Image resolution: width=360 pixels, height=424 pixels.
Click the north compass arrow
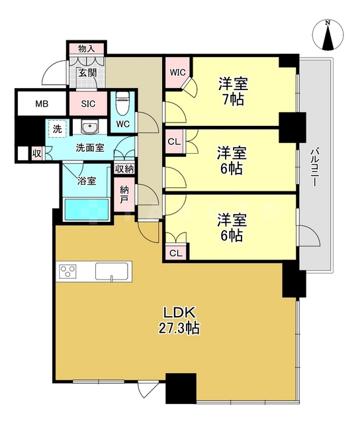[329, 36]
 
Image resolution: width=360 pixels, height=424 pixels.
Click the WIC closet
[177, 72]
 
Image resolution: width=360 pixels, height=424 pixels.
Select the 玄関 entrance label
[87, 73]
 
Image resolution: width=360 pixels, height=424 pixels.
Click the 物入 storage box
[86, 49]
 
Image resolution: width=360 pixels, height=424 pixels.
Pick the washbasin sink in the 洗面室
[88, 127]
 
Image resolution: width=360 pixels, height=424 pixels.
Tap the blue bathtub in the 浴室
[89, 210]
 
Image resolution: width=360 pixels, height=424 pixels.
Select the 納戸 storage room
[124, 195]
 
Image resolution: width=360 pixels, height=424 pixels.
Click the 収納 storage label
[123, 170]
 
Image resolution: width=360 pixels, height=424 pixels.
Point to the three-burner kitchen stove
[69, 272]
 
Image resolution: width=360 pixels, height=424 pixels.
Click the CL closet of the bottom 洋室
[176, 252]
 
